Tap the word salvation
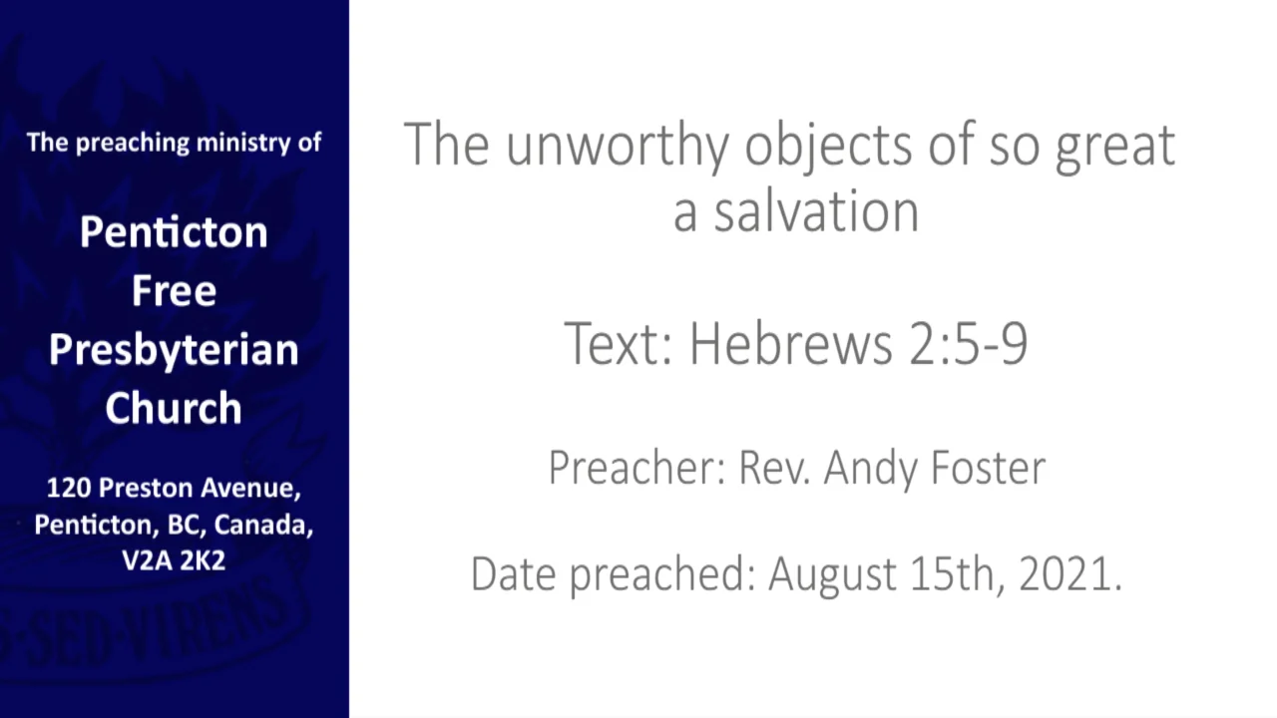[x=815, y=210]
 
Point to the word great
[x=1115, y=147]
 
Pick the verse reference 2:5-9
[x=968, y=343]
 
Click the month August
[x=832, y=575]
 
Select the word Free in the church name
[x=174, y=290]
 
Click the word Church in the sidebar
[x=174, y=408]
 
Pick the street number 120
[x=67, y=489]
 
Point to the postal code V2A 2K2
[x=174, y=560]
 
